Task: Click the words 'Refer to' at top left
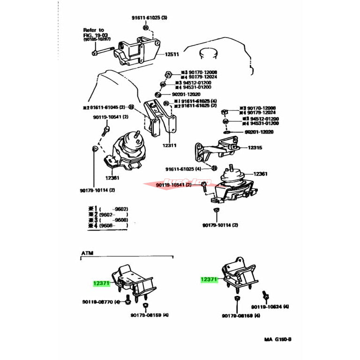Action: point(94,30)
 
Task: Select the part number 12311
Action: point(169,145)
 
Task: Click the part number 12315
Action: point(255,147)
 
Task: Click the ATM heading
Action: point(87,253)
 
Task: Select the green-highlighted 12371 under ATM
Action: point(101,283)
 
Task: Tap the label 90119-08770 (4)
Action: point(101,302)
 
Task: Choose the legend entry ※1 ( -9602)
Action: point(108,209)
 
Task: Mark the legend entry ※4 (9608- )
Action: point(108,226)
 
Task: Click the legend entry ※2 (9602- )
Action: point(108,215)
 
